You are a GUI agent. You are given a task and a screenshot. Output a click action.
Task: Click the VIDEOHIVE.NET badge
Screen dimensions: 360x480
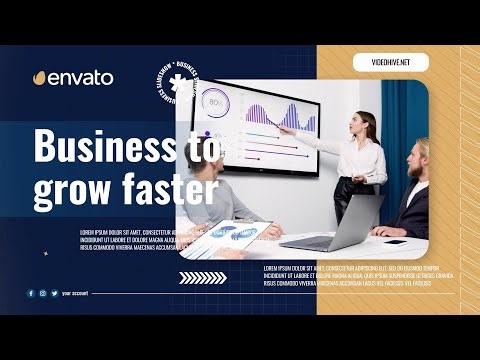pyautogui.click(x=392, y=62)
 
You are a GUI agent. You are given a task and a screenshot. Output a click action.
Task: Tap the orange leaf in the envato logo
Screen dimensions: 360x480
pyautogui.click(x=40, y=77)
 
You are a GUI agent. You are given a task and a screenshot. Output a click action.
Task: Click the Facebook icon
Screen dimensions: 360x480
pyautogui.click(x=31, y=293)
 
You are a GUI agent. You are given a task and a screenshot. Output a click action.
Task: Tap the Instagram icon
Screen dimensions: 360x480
pyautogui.click(x=42, y=293)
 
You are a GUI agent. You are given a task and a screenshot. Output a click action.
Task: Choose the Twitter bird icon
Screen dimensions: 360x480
pyautogui.click(x=53, y=293)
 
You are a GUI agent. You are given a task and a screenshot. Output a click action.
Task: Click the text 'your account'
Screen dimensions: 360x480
pyautogui.click(x=75, y=294)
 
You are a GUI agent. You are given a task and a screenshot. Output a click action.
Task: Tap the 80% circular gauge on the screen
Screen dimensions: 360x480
pyautogui.click(x=215, y=103)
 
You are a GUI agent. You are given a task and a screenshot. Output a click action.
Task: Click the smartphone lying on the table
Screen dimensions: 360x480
pyautogui.click(x=395, y=241)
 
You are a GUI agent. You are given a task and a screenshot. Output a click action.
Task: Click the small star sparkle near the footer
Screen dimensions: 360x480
pyautogui.click(x=44, y=253)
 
